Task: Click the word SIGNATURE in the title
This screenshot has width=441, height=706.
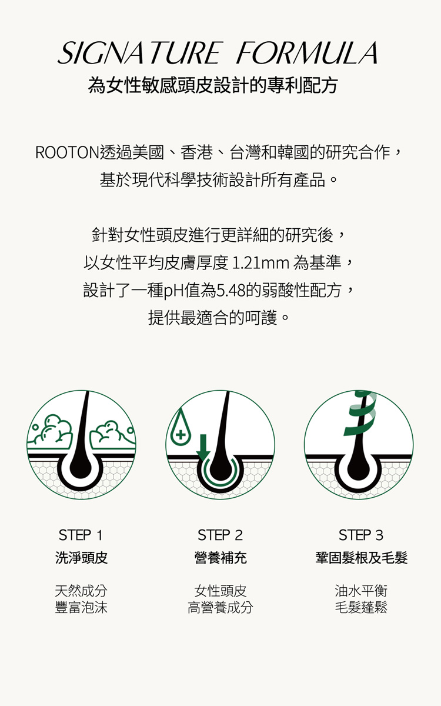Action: pyautogui.click(x=139, y=53)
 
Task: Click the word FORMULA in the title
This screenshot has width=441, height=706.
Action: pyautogui.click(x=308, y=53)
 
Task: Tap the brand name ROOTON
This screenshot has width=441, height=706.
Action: pyautogui.click(x=68, y=153)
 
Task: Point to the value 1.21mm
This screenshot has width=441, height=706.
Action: pyautogui.click(x=260, y=263)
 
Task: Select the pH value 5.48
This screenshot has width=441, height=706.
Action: pyautogui.click(x=230, y=291)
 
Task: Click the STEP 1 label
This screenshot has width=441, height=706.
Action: pyautogui.click(x=81, y=535)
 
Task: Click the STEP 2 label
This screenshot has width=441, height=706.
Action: pyautogui.click(x=220, y=535)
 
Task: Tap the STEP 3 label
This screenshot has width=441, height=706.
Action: pyautogui.click(x=361, y=535)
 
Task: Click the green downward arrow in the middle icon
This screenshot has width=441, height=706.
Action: pyautogui.click(x=203, y=448)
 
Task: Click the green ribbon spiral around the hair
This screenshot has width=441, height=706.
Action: pyautogui.click(x=360, y=414)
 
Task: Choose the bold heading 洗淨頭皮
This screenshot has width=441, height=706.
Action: pyautogui.click(x=82, y=558)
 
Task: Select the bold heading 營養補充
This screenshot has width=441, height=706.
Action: pyautogui.click(x=220, y=558)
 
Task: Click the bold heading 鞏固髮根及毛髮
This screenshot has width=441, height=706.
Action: pyautogui.click(x=362, y=558)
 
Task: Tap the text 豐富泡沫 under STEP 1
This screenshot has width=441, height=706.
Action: pyautogui.click(x=81, y=607)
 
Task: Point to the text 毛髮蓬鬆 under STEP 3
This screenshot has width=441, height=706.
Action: pyautogui.click(x=361, y=607)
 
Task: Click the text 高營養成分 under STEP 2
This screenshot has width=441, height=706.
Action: pyautogui.click(x=220, y=607)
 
